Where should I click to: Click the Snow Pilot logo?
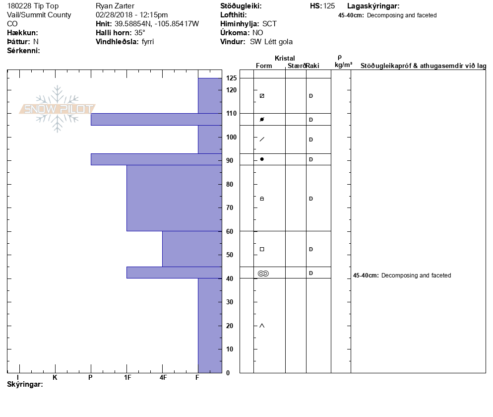(x=58, y=109)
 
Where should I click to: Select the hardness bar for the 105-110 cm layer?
(x=156, y=119)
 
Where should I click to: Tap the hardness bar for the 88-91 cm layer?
(x=156, y=159)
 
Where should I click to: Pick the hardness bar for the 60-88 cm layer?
(x=174, y=198)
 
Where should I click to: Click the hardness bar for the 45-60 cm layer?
(x=191, y=249)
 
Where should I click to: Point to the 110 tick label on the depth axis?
(x=231, y=114)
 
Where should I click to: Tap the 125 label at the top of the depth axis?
(x=231, y=78)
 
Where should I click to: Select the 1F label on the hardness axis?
(x=127, y=378)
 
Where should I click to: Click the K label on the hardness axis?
(x=55, y=378)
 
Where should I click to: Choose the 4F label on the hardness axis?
(x=163, y=378)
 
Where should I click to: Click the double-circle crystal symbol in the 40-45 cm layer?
(x=263, y=273)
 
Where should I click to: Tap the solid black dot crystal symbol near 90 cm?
(x=262, y=159)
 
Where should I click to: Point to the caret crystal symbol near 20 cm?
(x=262, y=326)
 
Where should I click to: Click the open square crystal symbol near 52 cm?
(x=262, y=249)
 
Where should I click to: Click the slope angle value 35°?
(x=140, y=33)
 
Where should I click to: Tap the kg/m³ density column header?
(x=343, y=65)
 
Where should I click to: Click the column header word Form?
(x=264, y=66)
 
